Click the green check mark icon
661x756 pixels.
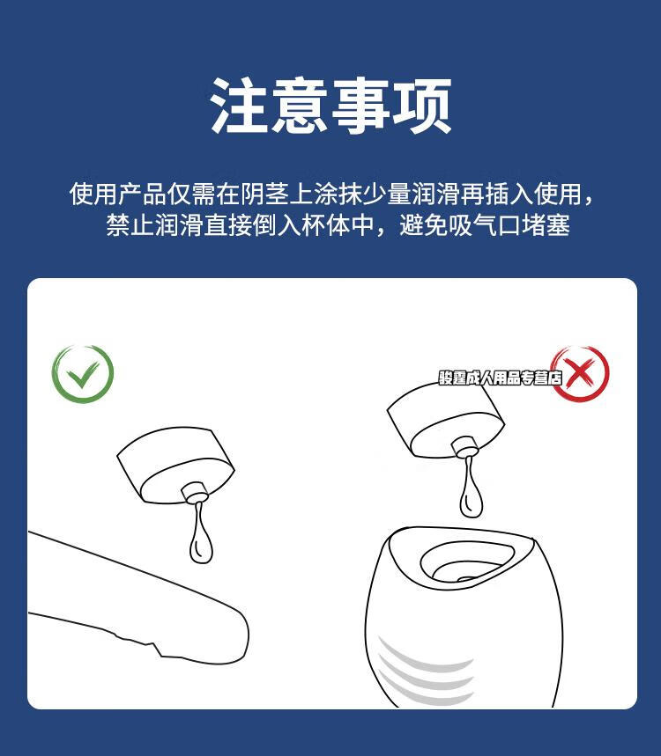(83, 374)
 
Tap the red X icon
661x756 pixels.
(579, 374)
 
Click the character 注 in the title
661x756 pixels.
(239, 106)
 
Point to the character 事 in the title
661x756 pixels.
(361, 106)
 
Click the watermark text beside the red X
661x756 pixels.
(500, 378)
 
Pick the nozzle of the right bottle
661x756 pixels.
(464, 447)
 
